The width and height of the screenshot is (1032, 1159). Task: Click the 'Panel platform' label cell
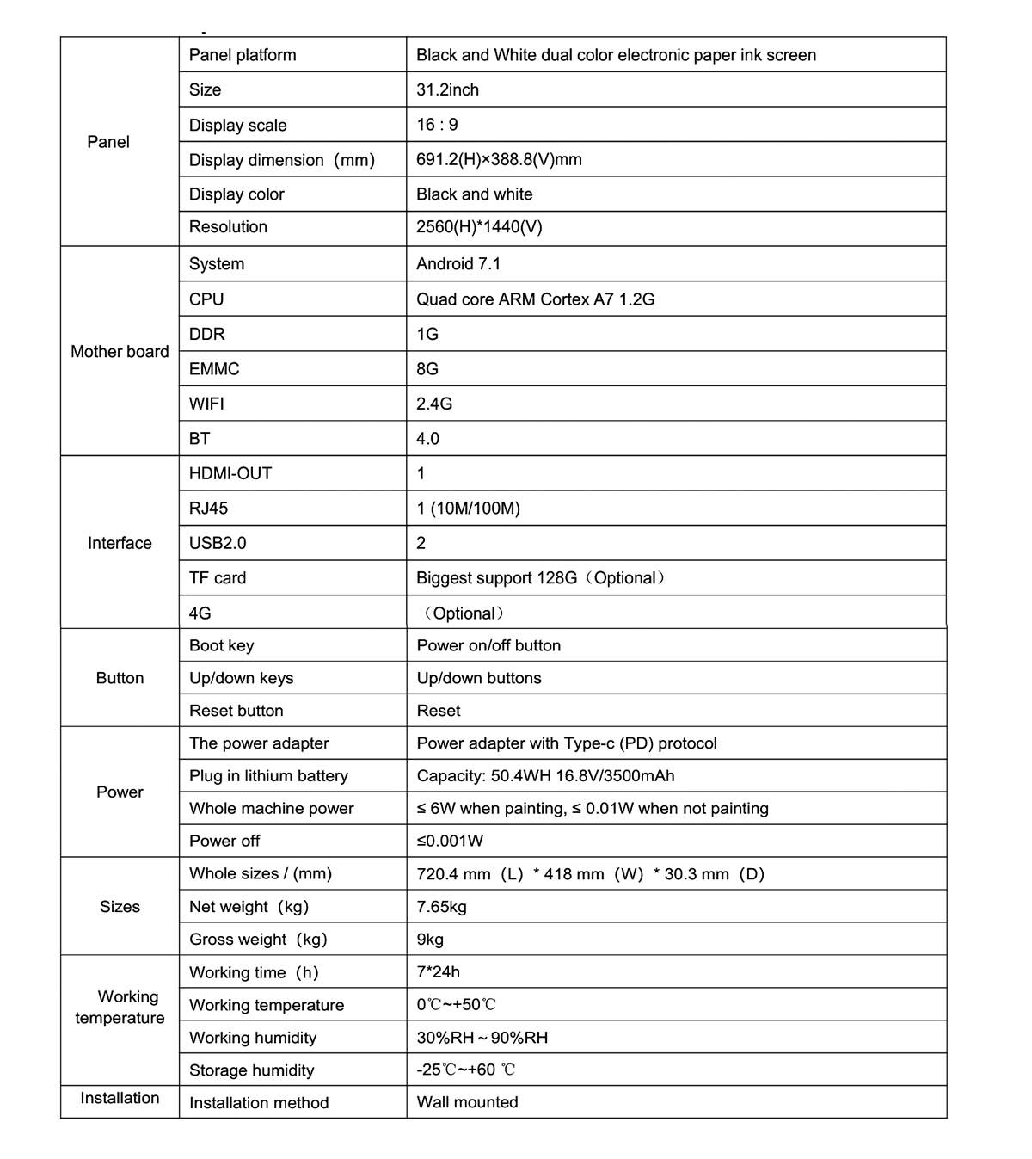[243, 55]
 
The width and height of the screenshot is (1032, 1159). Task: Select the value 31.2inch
[447, 89]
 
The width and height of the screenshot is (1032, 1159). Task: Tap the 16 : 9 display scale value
[437, 125]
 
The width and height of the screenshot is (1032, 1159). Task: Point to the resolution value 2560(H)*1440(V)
[479, 227]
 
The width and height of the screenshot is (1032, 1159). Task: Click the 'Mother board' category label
[120, 351]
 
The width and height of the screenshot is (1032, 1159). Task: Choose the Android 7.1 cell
[458, 264]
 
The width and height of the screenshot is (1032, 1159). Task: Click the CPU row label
[206, 299]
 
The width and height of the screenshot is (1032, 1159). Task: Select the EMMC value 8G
[427, 369]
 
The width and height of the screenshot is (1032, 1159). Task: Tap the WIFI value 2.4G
[434, 404]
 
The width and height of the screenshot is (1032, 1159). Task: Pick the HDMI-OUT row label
[230, 473]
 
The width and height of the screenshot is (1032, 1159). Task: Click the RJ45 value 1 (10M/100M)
[468, 509]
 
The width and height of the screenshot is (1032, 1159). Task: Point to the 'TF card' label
[218, 578]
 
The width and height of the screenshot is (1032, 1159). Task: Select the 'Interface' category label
[120, 543]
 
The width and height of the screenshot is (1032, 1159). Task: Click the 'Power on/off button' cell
[488, 645]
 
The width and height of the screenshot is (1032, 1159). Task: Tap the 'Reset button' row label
[236, 711]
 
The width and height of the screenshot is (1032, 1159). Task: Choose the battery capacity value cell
[545, 776]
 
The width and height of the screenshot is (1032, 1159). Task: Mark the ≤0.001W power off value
[450, 841]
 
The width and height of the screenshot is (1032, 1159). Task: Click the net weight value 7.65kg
[442, 907]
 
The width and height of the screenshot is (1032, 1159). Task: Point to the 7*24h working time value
[439, 972]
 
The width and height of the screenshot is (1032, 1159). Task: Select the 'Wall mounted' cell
[468, 1102]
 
